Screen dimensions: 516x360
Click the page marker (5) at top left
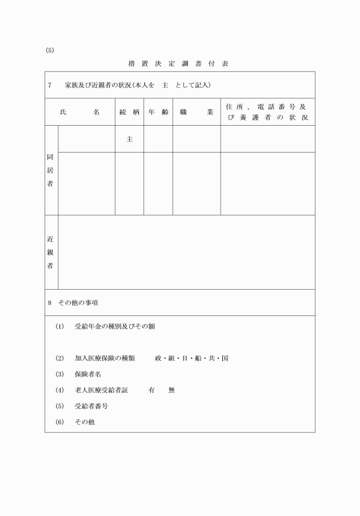49,50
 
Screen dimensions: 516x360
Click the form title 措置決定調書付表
179,63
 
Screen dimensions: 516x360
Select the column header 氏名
80,112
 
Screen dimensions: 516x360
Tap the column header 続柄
129,112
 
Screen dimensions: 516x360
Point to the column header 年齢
158,112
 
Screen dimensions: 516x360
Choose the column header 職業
196,112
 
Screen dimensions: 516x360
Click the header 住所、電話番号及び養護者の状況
267,112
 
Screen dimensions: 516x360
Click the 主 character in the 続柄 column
129,139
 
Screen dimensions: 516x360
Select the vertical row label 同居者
51,170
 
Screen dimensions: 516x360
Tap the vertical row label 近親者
51,251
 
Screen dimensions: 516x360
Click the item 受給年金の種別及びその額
115,327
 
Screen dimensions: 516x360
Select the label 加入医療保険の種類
105,358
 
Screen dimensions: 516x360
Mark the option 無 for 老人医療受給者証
171,390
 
